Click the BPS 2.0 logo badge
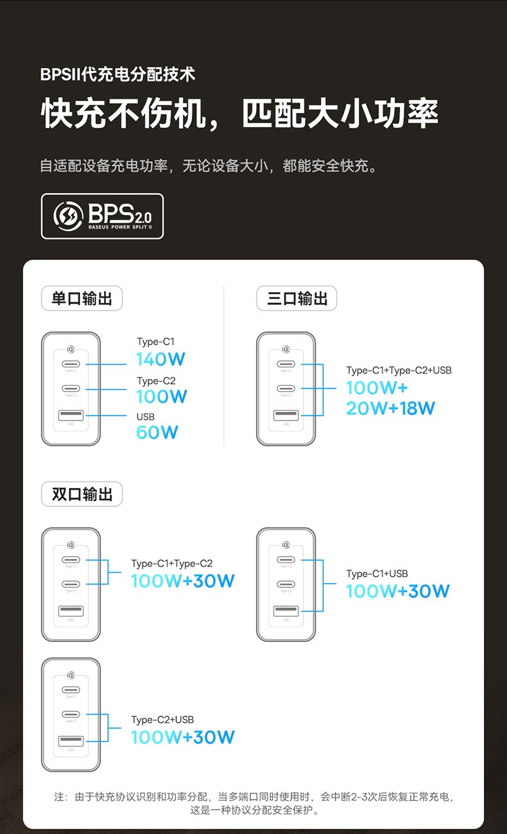coord(102,216)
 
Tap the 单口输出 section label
coord(82,299)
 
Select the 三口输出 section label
coord(296,299)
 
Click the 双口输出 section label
coord(82,494)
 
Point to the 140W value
coord(160,360)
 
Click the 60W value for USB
coord(157,432)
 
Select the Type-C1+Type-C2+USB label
coord(399,370)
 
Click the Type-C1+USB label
coord(377,573)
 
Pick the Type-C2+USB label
coord(162,720)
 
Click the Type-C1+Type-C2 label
coord(171,564)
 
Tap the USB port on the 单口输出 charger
coord(71,415)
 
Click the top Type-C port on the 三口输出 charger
coord(286,364)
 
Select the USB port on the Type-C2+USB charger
coord(71,742)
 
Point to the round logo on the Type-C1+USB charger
coord(286,545)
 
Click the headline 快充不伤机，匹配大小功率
coord(240,114)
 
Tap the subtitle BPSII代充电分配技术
coord(117,74)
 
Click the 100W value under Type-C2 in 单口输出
coord(162,396)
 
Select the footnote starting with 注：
coord(254,803)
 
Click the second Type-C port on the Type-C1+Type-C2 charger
coord(71,584)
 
